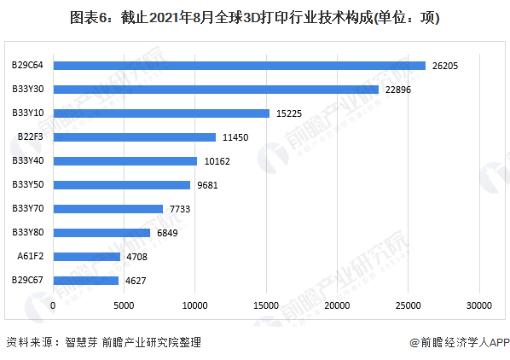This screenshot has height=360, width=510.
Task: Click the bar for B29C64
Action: click(x=239, y=66)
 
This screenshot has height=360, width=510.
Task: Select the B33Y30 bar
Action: click(x=216, y=90)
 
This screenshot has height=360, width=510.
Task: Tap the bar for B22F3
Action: click(x=134, y=137)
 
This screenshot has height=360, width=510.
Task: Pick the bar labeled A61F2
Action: click(x=86, y=256)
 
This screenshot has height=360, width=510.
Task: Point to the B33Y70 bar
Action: click(x=107, y=208)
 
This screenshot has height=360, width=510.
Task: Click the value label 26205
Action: click(x=445, y=66)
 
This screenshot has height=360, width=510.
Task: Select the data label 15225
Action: click(x=289, y=113)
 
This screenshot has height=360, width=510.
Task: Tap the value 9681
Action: click(x=207, y=185)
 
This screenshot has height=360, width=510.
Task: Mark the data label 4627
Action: click(x=136, y=280)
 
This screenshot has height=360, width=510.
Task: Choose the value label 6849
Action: click(x=168, y=233)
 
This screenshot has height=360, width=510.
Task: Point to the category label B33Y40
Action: click(x=28, y=160)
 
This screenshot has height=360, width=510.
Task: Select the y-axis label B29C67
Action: click(x=28, y=280)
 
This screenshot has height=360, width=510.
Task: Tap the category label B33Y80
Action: click(x=28, y=232)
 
